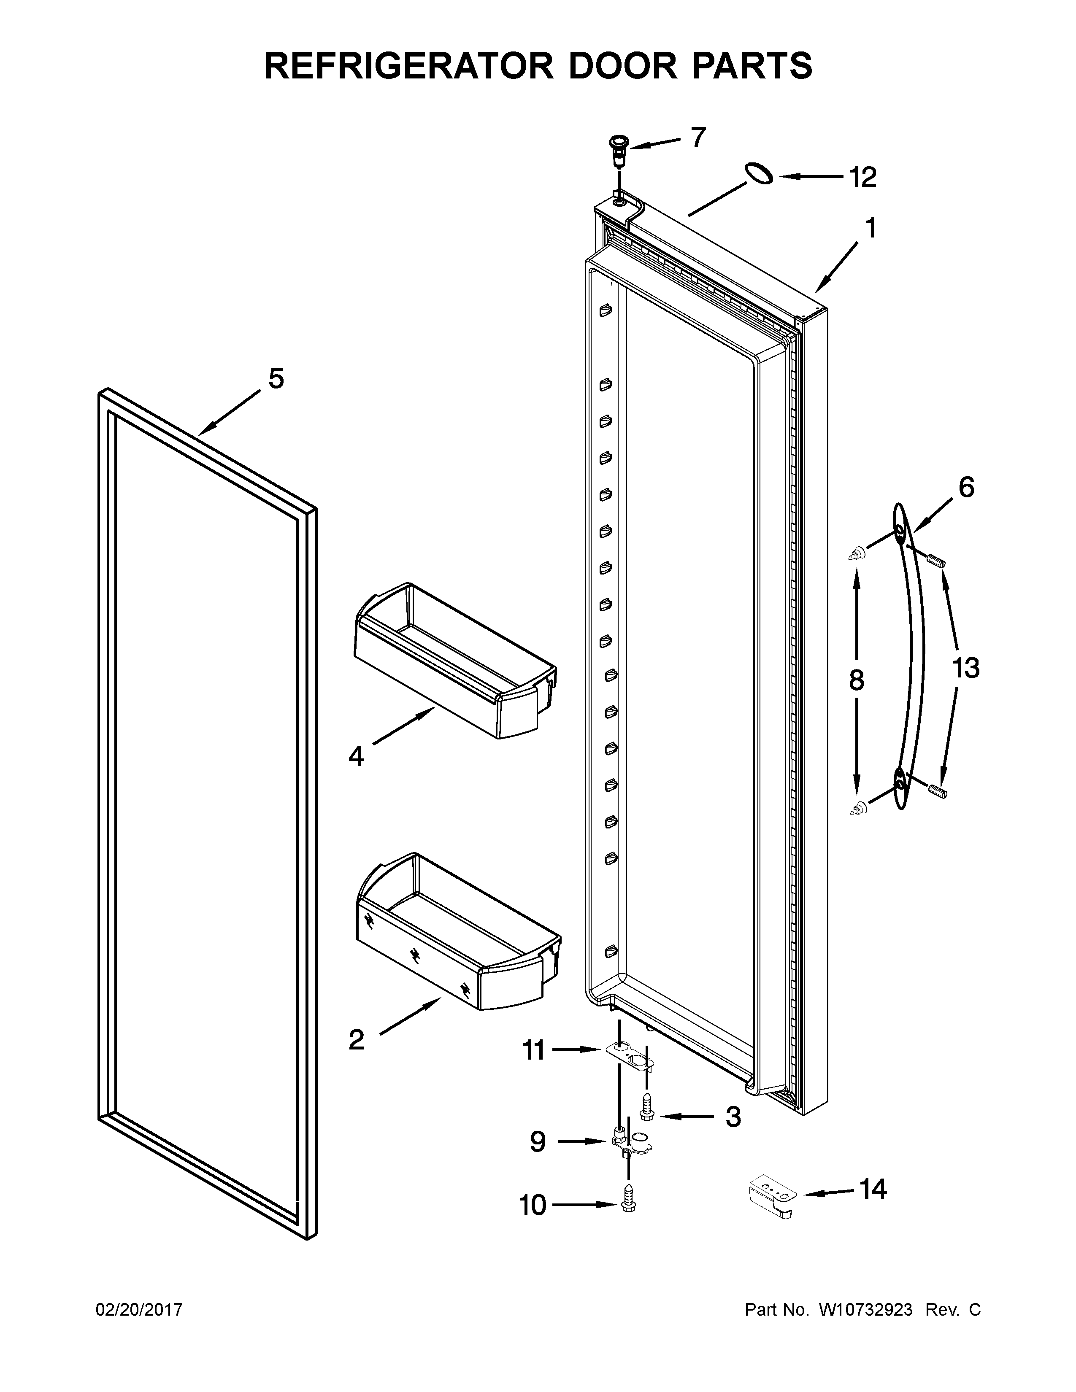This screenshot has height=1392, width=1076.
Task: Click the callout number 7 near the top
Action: (699, 137)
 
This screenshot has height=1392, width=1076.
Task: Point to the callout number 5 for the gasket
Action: (276, 379)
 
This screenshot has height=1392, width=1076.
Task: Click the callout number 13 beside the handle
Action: (965, 669)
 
